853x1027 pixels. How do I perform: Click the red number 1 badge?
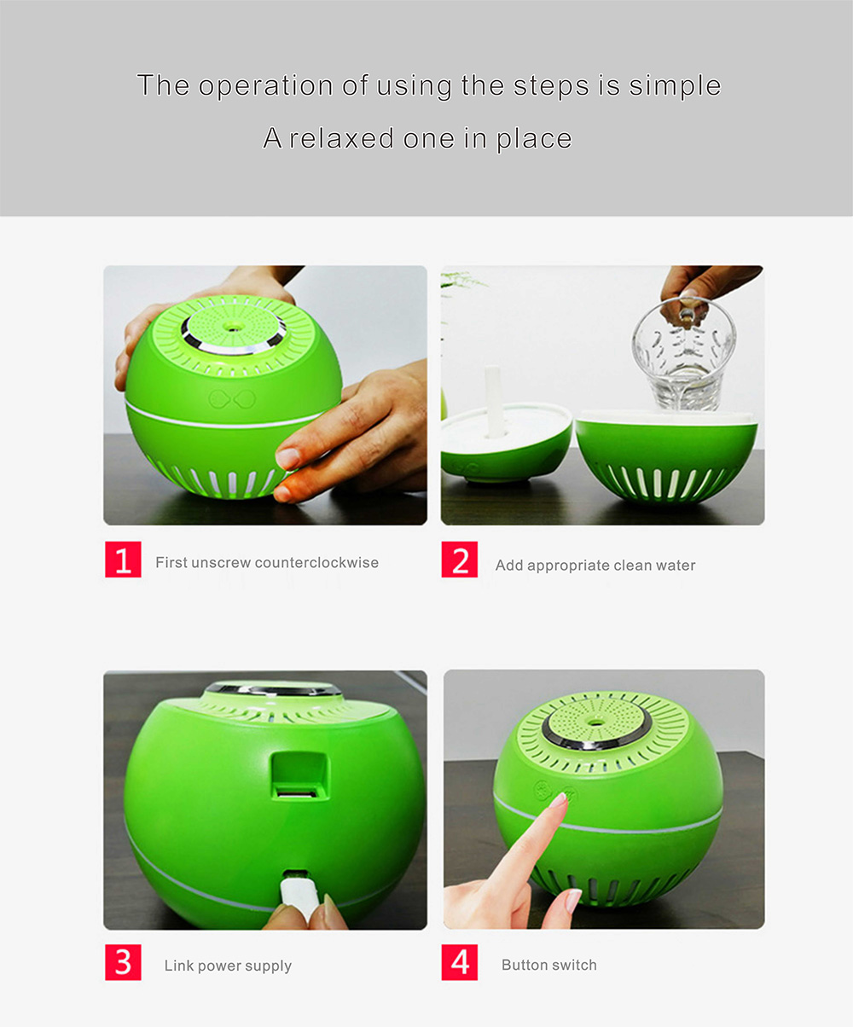[x=123, y=560]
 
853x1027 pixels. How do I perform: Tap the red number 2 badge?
[x=460, y=560]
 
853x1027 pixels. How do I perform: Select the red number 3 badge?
[x=123, y=962]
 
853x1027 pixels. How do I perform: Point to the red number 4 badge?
[x=460, y=962]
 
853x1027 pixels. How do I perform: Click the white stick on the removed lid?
[x=493, y=402]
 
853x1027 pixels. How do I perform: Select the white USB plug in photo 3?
[x=298, y=898]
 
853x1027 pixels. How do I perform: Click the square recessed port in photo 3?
[x=299, y=775]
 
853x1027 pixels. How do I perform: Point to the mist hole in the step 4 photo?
[x=596, y=722]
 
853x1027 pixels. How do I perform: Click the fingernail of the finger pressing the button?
[x=560, y=799]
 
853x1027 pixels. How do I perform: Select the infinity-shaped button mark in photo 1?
[x=232, y=399]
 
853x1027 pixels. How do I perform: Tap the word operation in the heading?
[x=266, y=86]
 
